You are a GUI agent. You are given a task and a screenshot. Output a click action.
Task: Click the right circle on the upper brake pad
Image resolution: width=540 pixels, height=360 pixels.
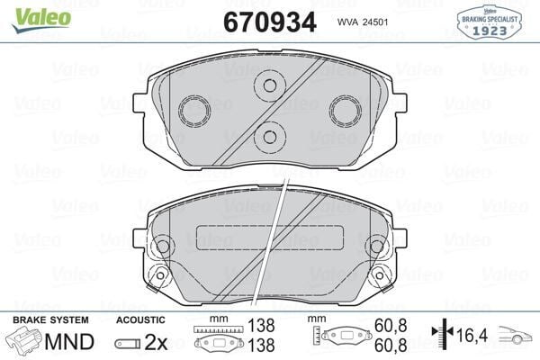(x=344, y=110)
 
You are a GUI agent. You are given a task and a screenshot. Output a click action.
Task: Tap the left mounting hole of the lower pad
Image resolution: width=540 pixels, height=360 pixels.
(x=163, y=245)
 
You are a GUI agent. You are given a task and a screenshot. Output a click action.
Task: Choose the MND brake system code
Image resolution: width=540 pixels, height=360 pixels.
(x=72, y=342)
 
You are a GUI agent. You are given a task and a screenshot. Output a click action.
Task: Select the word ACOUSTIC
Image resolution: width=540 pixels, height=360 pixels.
(x=142, y=319)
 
